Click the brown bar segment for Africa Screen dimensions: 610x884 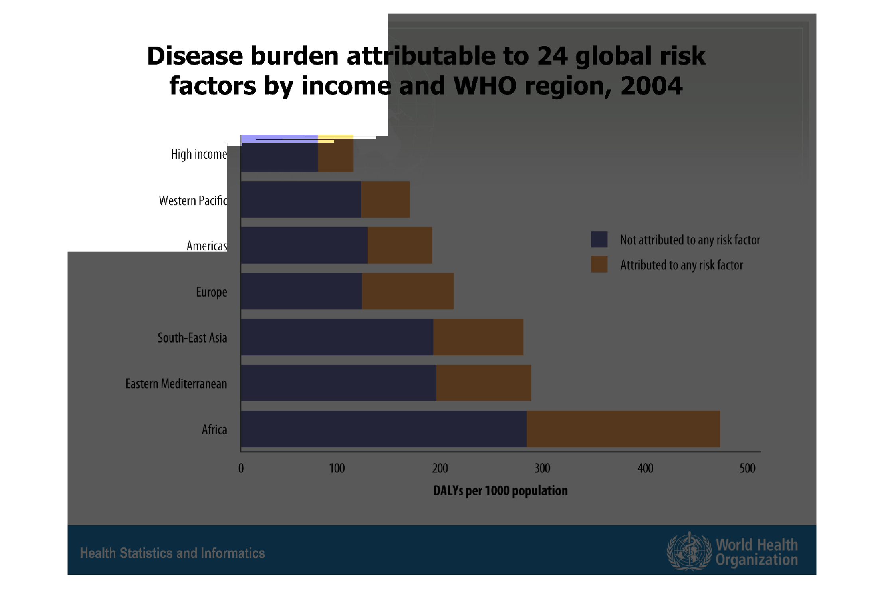coord(623,429)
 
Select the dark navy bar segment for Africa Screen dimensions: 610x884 coord(383,429)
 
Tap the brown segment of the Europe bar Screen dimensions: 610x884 coord(408,291)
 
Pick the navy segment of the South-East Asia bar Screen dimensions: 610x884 coord(337,337)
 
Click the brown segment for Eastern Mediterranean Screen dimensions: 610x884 coord(483,383)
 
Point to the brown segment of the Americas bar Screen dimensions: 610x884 coord(400,245)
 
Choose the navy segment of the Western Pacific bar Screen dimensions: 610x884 coord(301,199)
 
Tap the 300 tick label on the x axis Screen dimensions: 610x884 coord(542,468)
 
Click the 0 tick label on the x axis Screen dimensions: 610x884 coord(241,468)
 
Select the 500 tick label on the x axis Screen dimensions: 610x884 coord(747,468)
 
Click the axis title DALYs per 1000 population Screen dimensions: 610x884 coord(500,490)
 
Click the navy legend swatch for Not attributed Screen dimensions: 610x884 coord(599,239)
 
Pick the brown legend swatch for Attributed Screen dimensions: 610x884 coord(599,264)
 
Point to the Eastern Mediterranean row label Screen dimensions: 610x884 coord(176,384)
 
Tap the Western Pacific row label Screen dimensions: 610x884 coord(193,201)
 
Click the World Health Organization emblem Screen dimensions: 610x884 coord(689,551)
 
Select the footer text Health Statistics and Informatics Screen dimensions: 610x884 coord(172,553)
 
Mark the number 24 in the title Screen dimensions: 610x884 coord(552,55)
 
